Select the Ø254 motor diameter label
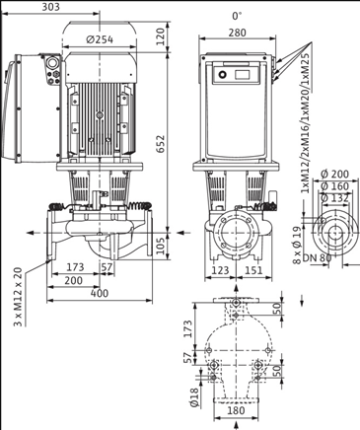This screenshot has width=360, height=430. click(99, 39)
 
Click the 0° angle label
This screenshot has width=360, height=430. click(237, 16)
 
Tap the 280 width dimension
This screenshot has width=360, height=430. click(237, 34)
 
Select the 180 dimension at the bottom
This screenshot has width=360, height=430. click(237, 414)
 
